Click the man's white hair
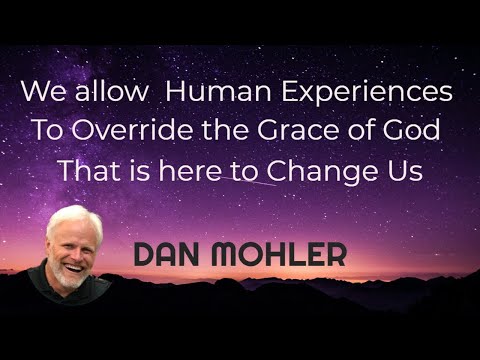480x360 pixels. [x=73, y=218]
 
